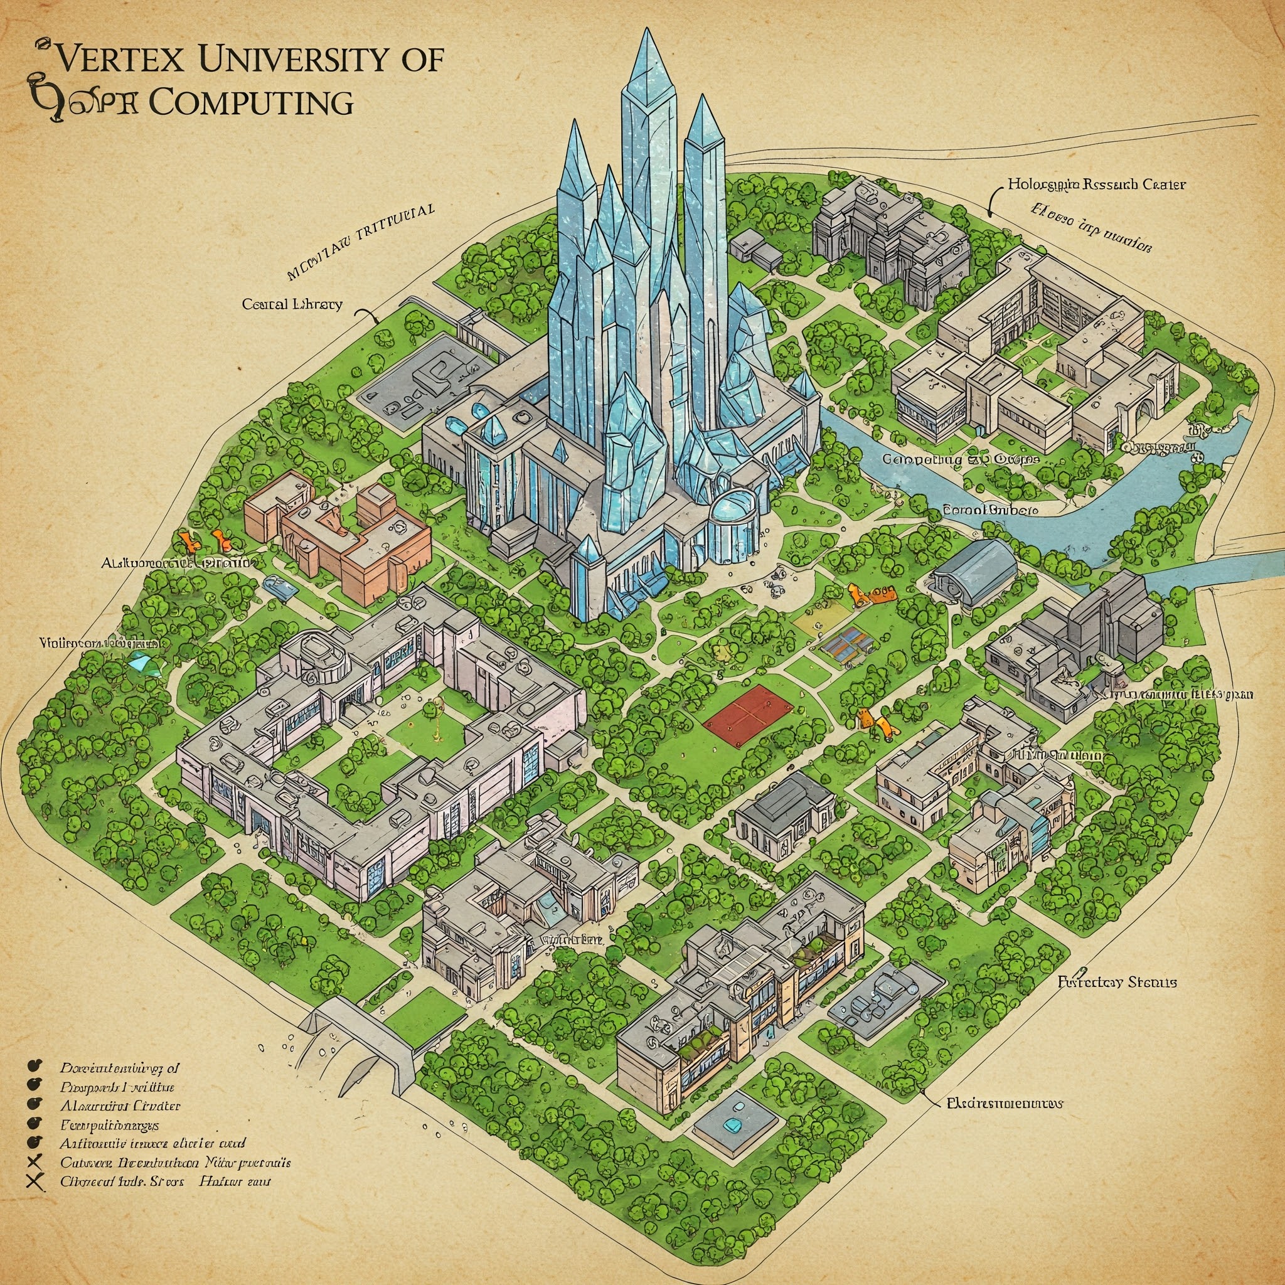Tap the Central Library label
pyautogui.click(x=292, y=304)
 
